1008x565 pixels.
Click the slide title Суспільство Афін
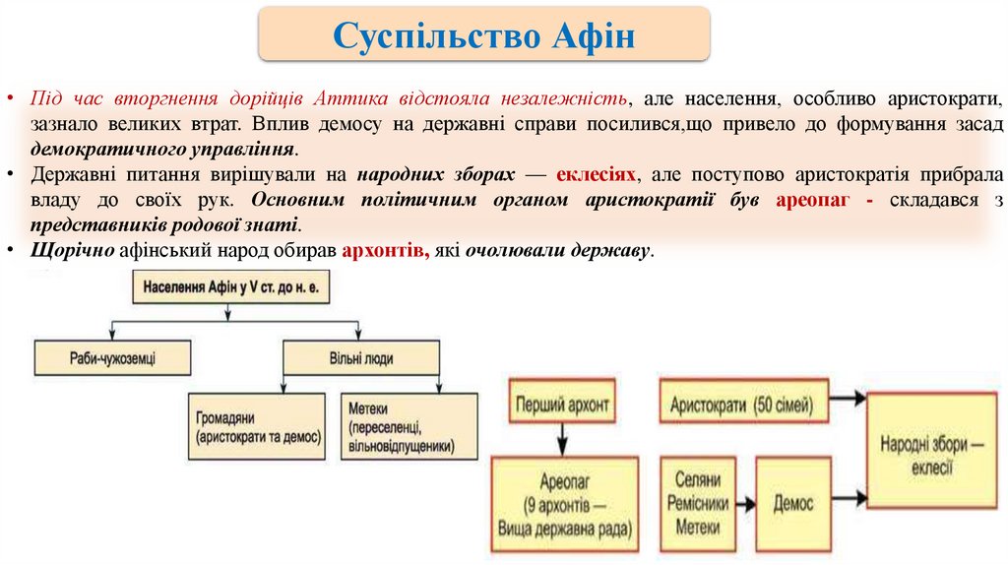[x=483, y=38]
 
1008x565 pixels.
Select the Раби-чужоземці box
[x=112, y=356]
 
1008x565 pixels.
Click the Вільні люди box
[x=361, y=356]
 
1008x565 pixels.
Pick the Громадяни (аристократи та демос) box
[x=256, y=426]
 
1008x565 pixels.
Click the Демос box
[x=793, y=503]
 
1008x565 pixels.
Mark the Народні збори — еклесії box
[x=932, y=452]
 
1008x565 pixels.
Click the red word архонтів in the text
[x=385, y=250]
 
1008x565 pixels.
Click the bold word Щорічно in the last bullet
[x=74, y=250]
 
